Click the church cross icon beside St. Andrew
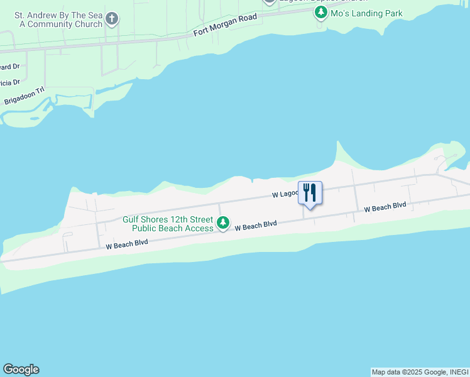(112, 18)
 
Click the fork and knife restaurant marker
(309, 192)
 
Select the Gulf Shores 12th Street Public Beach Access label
(167, 224)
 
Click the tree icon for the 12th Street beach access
(222, 223)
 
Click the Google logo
(21, 369)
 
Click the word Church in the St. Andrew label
(87, 25)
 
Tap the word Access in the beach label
(200, 228)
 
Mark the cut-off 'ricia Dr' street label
(10, 82)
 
